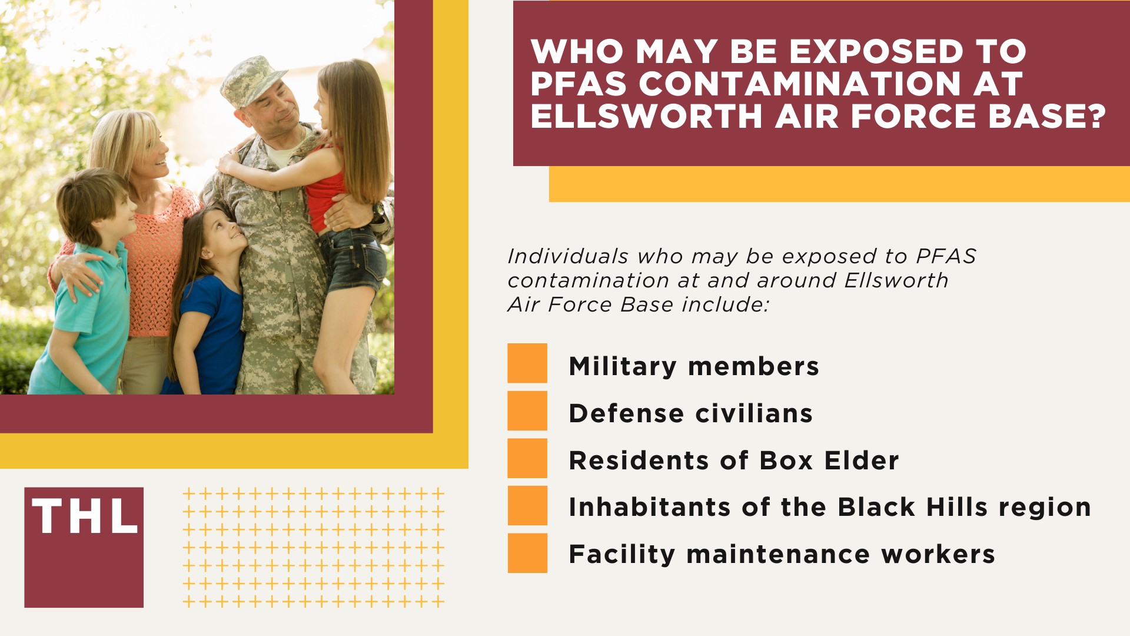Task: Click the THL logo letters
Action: click(x=84, y=516)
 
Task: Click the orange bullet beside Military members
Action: click(x=527, y=363)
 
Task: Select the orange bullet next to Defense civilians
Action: click(x=527, y=410)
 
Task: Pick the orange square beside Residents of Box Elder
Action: click(x=527, y=458)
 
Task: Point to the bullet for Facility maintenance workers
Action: click(x=527, y=553)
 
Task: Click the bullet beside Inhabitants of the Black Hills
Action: click(x=527, y=505)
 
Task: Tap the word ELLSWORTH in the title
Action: click(x=646, y=115)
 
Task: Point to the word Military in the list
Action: click(x=623, y=367)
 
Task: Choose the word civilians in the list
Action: click(x=754, y=413)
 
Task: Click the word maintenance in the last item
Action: click(x=778, y=555)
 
